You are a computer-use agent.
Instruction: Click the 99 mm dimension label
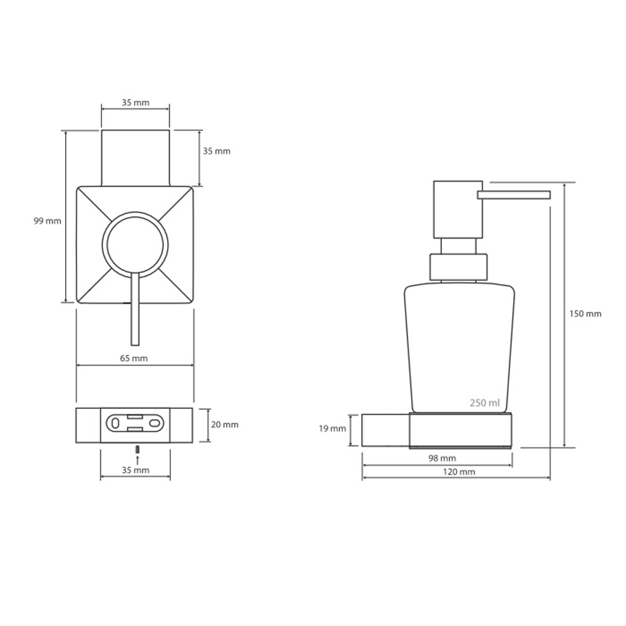pos(48,221)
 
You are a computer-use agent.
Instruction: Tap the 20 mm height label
pos(225,425)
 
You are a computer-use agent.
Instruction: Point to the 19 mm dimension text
pos(332,429)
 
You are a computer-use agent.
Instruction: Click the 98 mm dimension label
pos(442,458)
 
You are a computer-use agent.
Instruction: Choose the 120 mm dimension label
pos(459,472)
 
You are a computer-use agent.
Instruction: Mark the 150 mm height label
pos(585,314)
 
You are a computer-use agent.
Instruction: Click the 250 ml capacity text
pos(485,403)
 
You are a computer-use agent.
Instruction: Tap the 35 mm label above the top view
pos(136,103)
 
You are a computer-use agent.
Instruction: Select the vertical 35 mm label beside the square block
pos(217,151)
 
